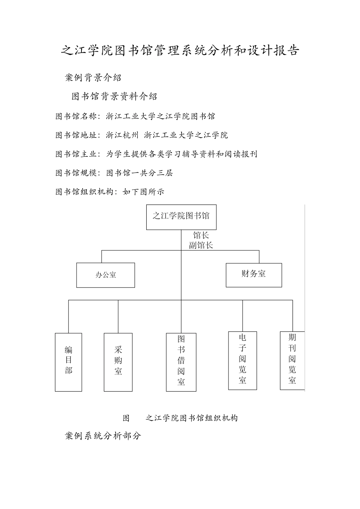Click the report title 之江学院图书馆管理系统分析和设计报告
point(180,50)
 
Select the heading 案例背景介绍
point(93,78)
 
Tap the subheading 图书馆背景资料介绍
point(114,97)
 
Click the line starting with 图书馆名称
point(135,116)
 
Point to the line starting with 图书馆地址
point(142,135)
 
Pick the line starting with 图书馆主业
point(156,154)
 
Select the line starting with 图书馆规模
point(114,173)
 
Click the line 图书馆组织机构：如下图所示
point(110,192)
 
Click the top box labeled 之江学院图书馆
point(181,217)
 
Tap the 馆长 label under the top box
point(201,235)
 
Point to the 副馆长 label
point(201,245)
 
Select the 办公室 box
point(106,275)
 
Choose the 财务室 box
point(254,275)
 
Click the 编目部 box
point(69,362)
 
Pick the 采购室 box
point(118,362)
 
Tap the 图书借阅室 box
point(181,362)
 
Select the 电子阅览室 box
point(243,360)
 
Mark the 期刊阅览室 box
point(292,360)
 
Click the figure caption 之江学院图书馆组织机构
point(191,418)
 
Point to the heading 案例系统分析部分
point(103,436)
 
